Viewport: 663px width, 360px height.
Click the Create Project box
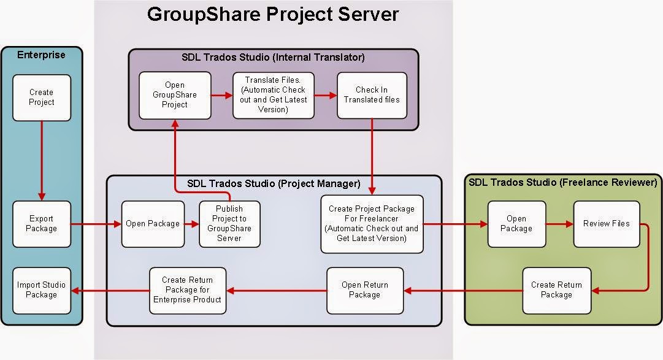tap(42, 98)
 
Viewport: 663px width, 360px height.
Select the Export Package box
tap(42, 224)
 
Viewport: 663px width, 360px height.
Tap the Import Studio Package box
tap(42, 289)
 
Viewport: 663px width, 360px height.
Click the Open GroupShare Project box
tap(175, 95)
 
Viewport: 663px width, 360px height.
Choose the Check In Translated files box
tap(372, 95)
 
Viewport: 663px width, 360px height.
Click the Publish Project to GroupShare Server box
tap(229, 224)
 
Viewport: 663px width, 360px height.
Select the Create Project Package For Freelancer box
tap(372, 224)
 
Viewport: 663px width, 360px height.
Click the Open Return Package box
tap(365, 289)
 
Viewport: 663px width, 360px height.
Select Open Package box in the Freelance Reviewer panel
tap(516, 224)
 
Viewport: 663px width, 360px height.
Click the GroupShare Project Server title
tap(273, 13)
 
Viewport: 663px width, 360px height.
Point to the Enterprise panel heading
tap(41, 55)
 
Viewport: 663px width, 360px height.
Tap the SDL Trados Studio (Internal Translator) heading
tap(273, 58)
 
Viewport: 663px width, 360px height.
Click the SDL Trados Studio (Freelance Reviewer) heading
tap(562, 182)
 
